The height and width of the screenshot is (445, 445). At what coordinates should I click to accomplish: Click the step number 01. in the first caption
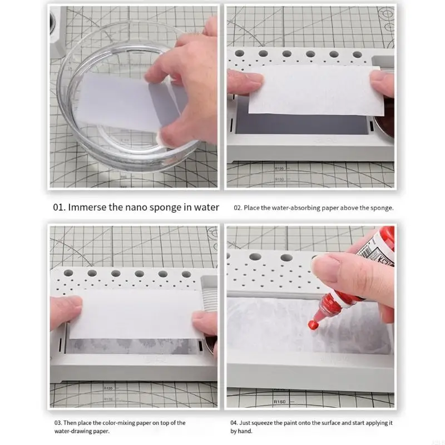coord(59,207)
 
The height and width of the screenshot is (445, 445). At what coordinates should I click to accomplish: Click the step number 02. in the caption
coord(238,208)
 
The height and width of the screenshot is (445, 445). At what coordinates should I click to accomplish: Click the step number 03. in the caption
coord(58,423)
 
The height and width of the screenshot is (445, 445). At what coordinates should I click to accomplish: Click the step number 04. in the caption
coord(234,423)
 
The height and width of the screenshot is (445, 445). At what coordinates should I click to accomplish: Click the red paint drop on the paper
coord(312,325)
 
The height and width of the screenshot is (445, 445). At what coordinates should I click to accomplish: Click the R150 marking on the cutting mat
coord(280,402)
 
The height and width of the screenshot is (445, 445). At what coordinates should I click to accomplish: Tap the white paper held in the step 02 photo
coord(315,90)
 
